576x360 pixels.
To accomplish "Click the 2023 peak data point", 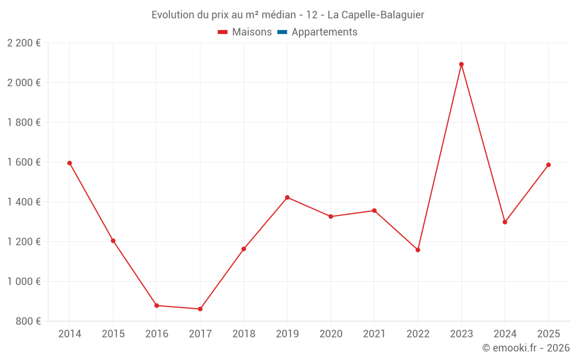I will point(461,65).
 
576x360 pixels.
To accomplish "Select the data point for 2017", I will point(200,309).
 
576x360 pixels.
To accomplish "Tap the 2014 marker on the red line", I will point(70,163).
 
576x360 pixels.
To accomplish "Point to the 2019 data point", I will point(287,198).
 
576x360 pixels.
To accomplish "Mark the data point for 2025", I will point(548,165).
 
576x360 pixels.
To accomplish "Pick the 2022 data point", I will point(418,250).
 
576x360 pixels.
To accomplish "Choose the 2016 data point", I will point(157,305).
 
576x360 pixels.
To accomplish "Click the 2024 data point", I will point(505,222).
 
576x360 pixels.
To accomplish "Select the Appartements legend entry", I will point(324,32).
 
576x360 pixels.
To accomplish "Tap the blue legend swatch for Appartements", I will point(282,32).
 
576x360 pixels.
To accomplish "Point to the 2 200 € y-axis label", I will point(24,43).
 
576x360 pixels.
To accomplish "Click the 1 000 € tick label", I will point(24,282).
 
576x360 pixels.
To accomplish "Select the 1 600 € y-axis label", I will point(24,162).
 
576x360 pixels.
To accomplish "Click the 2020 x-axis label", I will point(331,334).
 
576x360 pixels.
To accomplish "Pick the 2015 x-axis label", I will point(113,334).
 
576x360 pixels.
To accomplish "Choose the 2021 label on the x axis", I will point(374,334).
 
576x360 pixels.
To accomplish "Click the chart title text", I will point(288,15).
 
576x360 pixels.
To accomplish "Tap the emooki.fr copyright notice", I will point(525,348).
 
